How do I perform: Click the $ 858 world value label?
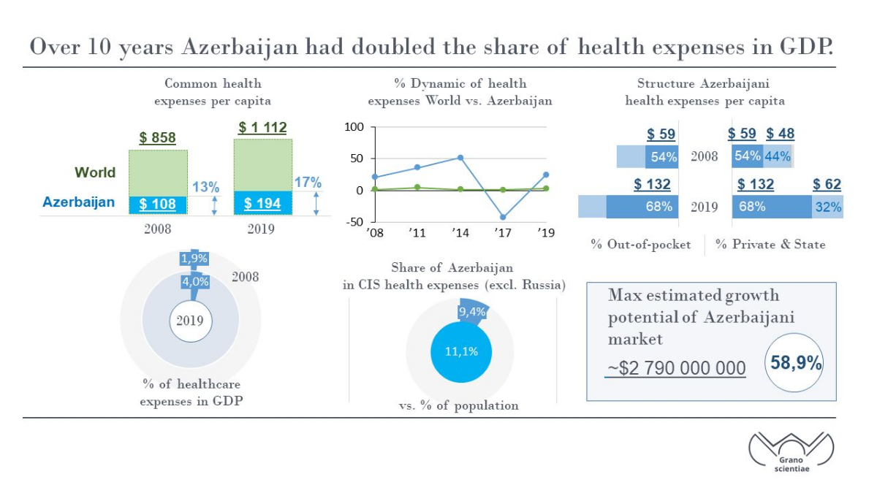(x=157, y=138)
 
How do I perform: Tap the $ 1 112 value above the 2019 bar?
(x=262, y=128)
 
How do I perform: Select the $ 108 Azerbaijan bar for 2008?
(x=158, y=205)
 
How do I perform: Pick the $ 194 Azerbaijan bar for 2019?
(x=263, y=203)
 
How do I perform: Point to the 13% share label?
(x=205, y=187)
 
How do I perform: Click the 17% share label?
(x=308, y=183)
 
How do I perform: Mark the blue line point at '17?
(x=503, y=217)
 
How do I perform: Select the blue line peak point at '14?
(x=460, y=158)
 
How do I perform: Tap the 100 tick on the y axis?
(x=354, y=127)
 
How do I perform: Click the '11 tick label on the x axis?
(x=417, y=233)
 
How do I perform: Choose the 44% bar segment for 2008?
(x=778, y=156)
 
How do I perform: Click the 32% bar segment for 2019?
(x=827, y=207)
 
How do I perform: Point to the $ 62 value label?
(x=827, y=184)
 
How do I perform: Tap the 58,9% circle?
(x=794, y=362)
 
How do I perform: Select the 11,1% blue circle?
(x=461, y=352)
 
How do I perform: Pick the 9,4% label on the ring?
(x=472, y=312)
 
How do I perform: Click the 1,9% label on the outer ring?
(x=194, y=259)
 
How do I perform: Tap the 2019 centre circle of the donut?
(x=191, y=321)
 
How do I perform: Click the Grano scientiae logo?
(x=791, y=452)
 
